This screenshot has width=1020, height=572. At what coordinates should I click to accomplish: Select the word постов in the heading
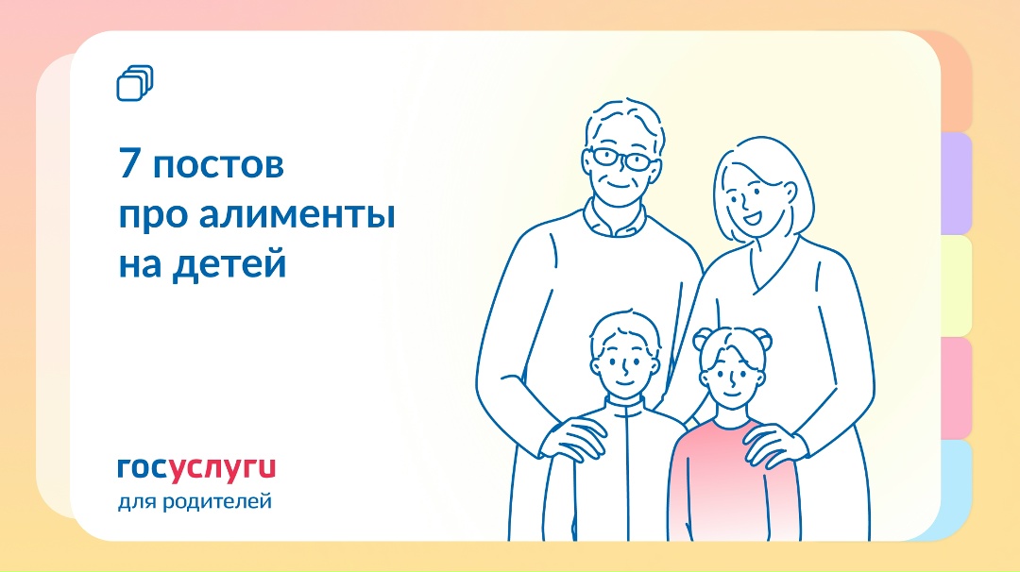(x=218, y=166)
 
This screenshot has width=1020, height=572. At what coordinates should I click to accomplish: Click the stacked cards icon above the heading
(x=134, y=84)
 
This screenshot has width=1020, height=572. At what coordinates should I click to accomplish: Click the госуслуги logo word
(x=196, y=467)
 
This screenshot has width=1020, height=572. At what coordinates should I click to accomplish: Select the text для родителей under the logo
(x=195, y=500)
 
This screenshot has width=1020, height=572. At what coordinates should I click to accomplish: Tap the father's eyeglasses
(x=620, y=159)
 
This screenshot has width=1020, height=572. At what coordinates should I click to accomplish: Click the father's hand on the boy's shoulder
(x=576, y=436)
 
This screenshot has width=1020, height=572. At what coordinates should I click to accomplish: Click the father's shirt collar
(x=614, y=222)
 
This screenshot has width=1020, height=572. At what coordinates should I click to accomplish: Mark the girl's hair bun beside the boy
(x=704, y=337)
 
